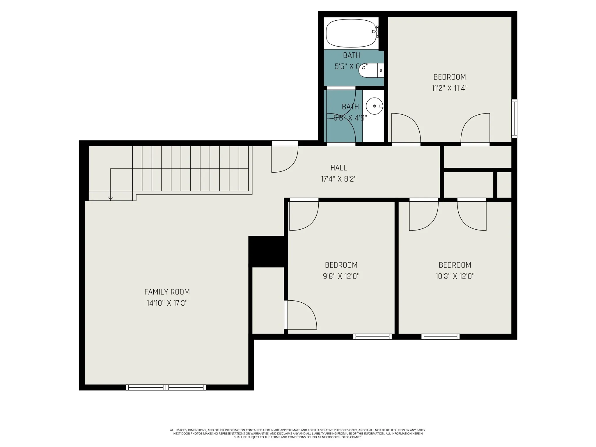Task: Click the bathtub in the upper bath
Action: tap(351, 33)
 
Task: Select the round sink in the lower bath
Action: tap(375, 106)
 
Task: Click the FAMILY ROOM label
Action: tap(167, 292)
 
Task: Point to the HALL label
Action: tap(339, 168)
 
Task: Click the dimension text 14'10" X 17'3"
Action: tap(167, 303)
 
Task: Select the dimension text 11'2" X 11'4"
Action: tap(450, 88)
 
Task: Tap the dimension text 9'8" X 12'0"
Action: tap(341, 276)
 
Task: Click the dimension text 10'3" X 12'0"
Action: tap(455, 276)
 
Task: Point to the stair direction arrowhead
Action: tap(111, 198)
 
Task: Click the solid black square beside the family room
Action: tap(266, 251)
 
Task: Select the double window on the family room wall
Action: tap(166, 387)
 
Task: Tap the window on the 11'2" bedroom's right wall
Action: tap(514, 118)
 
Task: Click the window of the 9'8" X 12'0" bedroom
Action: tap(372, 337)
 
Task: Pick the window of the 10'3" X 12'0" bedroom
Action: tap(440, 337)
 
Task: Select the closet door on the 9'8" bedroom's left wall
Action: tap(300, 315)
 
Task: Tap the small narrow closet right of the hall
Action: tap(504, 185)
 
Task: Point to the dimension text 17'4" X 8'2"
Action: tap(339, 179)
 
